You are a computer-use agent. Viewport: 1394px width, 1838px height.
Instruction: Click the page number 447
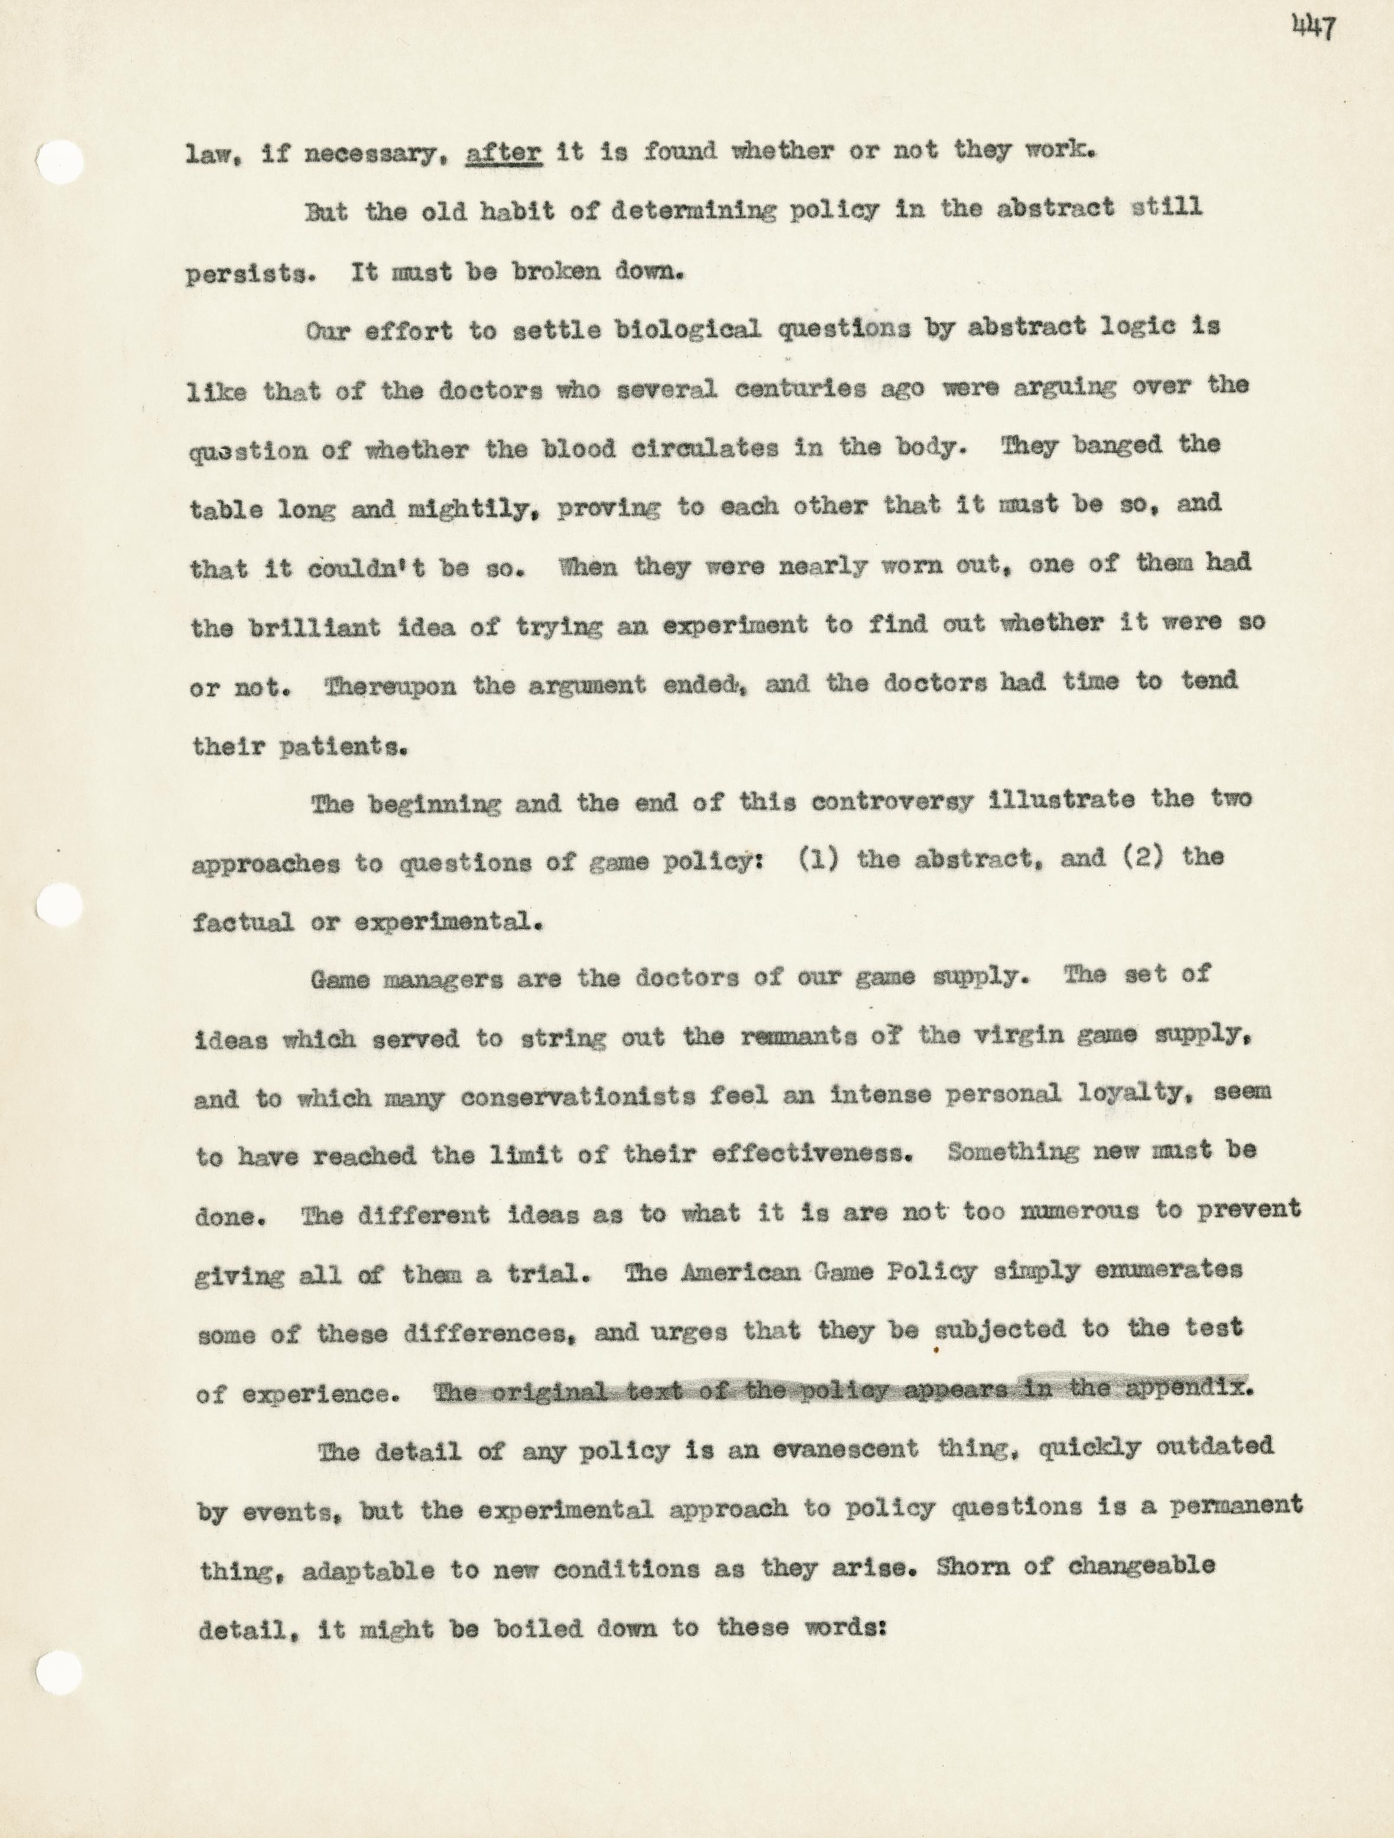click(x=1314, y=28)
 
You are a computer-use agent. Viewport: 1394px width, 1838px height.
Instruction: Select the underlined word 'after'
click(x=504, y=152)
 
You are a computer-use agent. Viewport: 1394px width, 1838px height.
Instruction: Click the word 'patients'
click(x=341, y=746)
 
